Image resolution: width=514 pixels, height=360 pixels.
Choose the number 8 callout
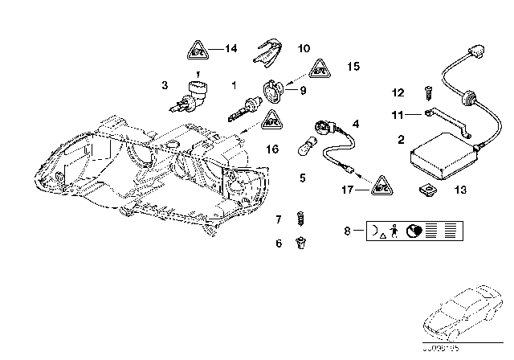point(347,231)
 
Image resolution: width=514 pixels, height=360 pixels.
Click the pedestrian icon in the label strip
point(396,231)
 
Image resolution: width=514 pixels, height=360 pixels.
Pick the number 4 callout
point(356,124)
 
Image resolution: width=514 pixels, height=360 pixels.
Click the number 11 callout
point(394,116)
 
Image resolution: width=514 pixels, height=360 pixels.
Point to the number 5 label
point(304,177)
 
